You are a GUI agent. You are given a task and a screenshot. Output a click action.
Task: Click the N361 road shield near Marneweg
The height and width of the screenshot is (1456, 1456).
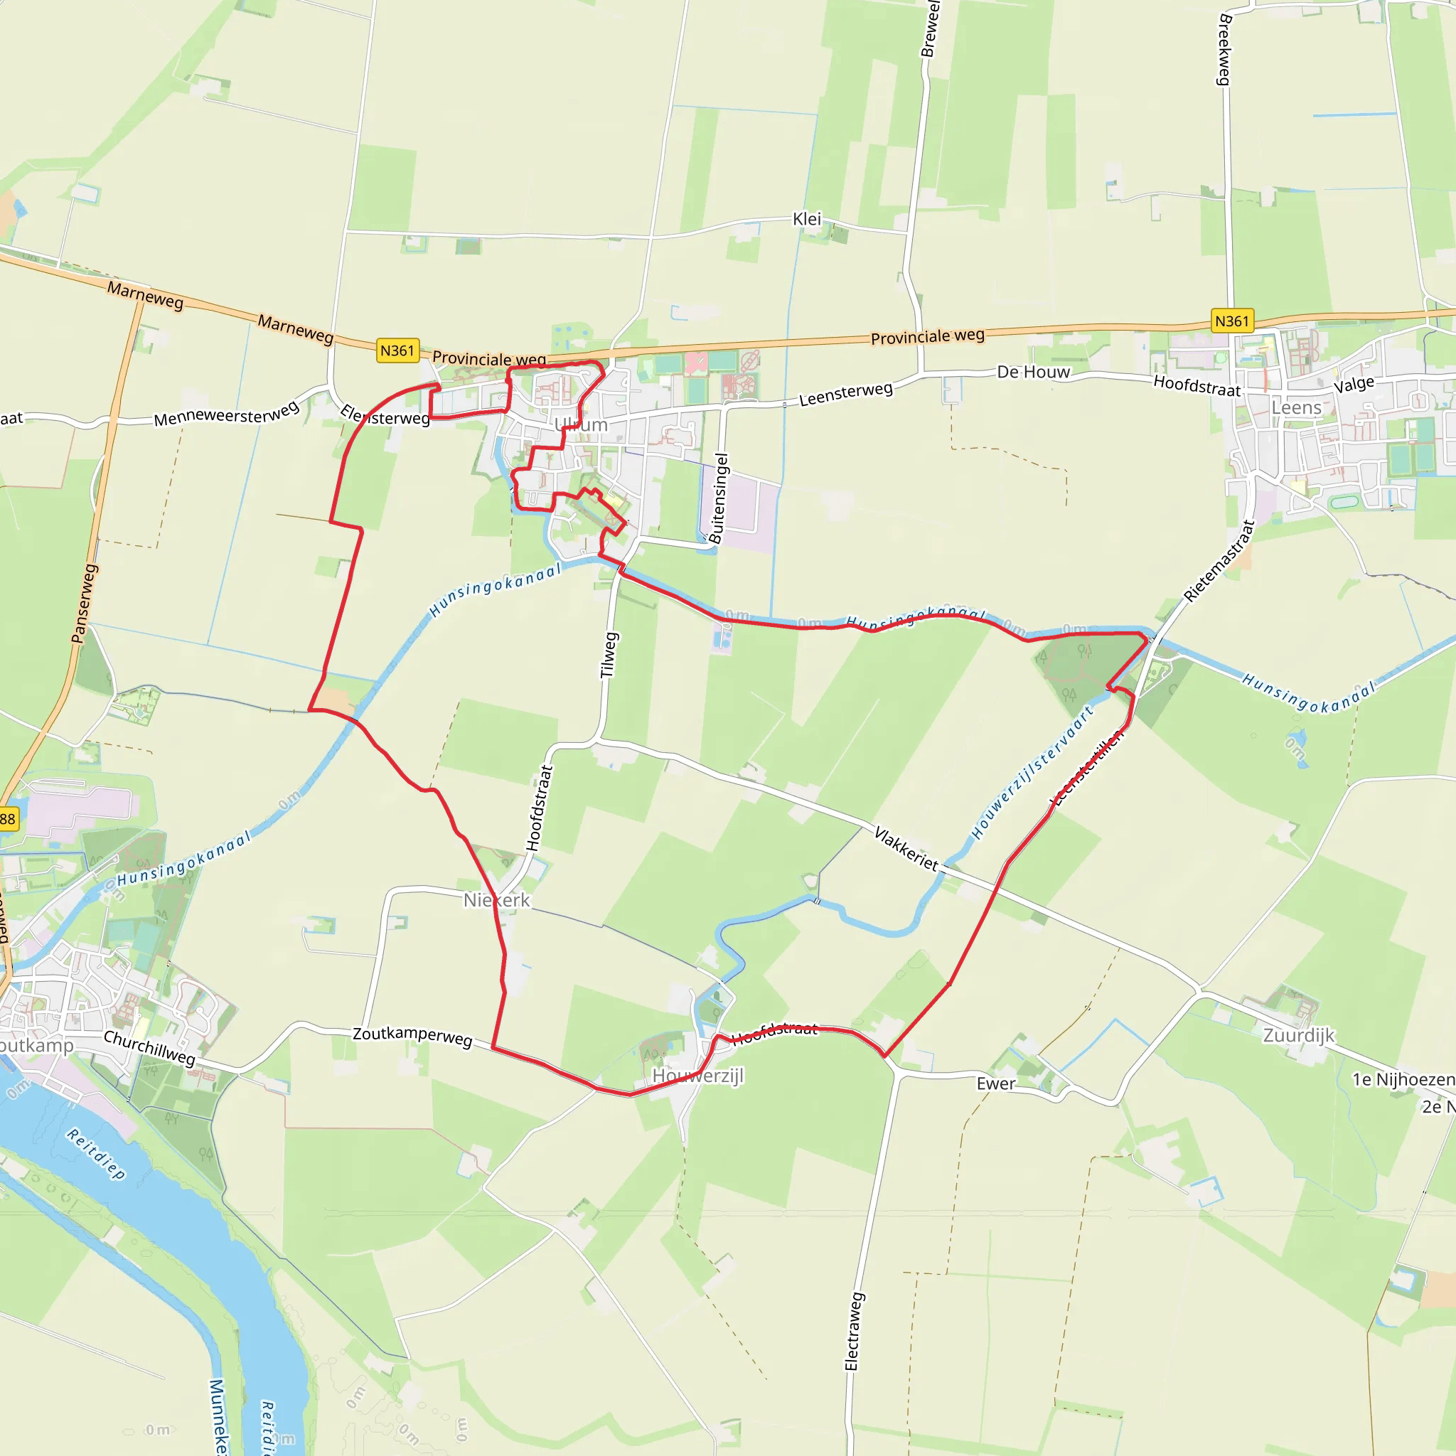(x=397, y=350)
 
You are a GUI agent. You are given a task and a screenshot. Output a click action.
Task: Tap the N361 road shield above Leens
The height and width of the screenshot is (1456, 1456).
(x=1232, y=321)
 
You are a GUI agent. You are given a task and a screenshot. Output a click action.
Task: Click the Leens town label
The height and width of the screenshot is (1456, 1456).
(x=1296, y=407)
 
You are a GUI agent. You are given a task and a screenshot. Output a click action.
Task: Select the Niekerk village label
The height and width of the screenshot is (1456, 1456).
(x=497, y=900)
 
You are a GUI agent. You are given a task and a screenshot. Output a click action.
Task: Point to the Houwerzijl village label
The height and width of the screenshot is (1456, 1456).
(x=698, y=1076)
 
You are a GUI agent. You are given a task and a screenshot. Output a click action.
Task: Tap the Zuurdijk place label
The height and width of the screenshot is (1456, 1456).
(x=1298, y=1034)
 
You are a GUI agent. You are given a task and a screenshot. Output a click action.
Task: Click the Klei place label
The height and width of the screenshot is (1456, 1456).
(x=806, y=219)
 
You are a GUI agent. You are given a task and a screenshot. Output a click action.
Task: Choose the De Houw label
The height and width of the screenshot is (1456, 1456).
(x=1033, y=373)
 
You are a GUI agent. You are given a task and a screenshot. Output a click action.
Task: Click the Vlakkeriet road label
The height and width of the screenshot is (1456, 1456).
(x=906, y=850)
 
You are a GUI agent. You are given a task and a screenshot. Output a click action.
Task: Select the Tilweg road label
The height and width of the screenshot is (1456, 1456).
(x=609, y=655)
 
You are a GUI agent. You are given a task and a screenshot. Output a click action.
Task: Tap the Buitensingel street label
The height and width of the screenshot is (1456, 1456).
(x=719, y=498)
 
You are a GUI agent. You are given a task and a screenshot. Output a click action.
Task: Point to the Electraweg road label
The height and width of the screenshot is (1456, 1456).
(x=852, y=1332)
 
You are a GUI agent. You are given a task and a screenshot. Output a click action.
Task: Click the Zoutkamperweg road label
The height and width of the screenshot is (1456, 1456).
(x=412, y=1035)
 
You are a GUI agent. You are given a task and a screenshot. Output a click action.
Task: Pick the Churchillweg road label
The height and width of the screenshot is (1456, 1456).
(x=149, y=1047)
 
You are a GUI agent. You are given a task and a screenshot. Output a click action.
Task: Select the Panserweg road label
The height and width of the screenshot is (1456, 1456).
(x=85, y=604)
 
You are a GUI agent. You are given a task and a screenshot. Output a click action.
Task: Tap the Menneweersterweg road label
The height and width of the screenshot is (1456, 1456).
(x=227, y=414)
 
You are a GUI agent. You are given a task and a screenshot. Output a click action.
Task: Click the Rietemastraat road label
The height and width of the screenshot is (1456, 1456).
(x=1219, y=562)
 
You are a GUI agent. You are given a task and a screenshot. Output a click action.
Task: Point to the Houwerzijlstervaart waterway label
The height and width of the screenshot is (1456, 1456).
(x=1032, y=773)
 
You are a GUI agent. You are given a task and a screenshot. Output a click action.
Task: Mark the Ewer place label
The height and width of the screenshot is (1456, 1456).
(x=995, y=1083)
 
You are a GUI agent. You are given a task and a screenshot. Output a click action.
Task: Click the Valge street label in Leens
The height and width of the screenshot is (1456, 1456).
(x=1354, y=385)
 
